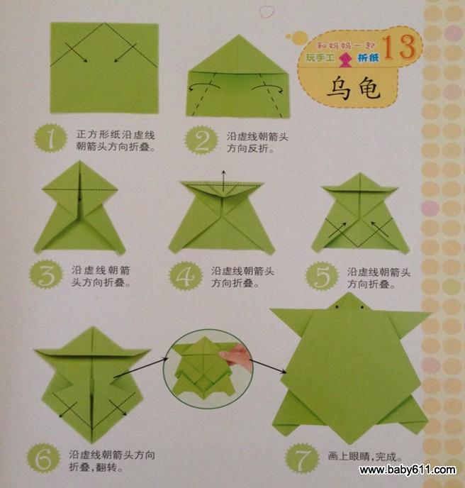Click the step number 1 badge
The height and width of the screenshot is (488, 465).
50,138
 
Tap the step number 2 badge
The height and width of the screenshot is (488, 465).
201,140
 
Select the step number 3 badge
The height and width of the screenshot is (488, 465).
46,274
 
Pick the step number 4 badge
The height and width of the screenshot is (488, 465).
186,276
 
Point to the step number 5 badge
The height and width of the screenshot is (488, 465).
322,276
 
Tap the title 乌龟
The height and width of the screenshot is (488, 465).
353,88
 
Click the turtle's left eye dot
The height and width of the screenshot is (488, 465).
337,307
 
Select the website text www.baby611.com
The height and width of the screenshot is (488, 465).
408,470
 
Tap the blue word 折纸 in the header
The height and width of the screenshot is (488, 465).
369,57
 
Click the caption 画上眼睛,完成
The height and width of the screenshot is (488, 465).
364,457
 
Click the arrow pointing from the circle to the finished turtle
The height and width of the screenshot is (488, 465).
268,366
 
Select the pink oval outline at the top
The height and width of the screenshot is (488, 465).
267,12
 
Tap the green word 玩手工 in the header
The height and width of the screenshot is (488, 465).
320,57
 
